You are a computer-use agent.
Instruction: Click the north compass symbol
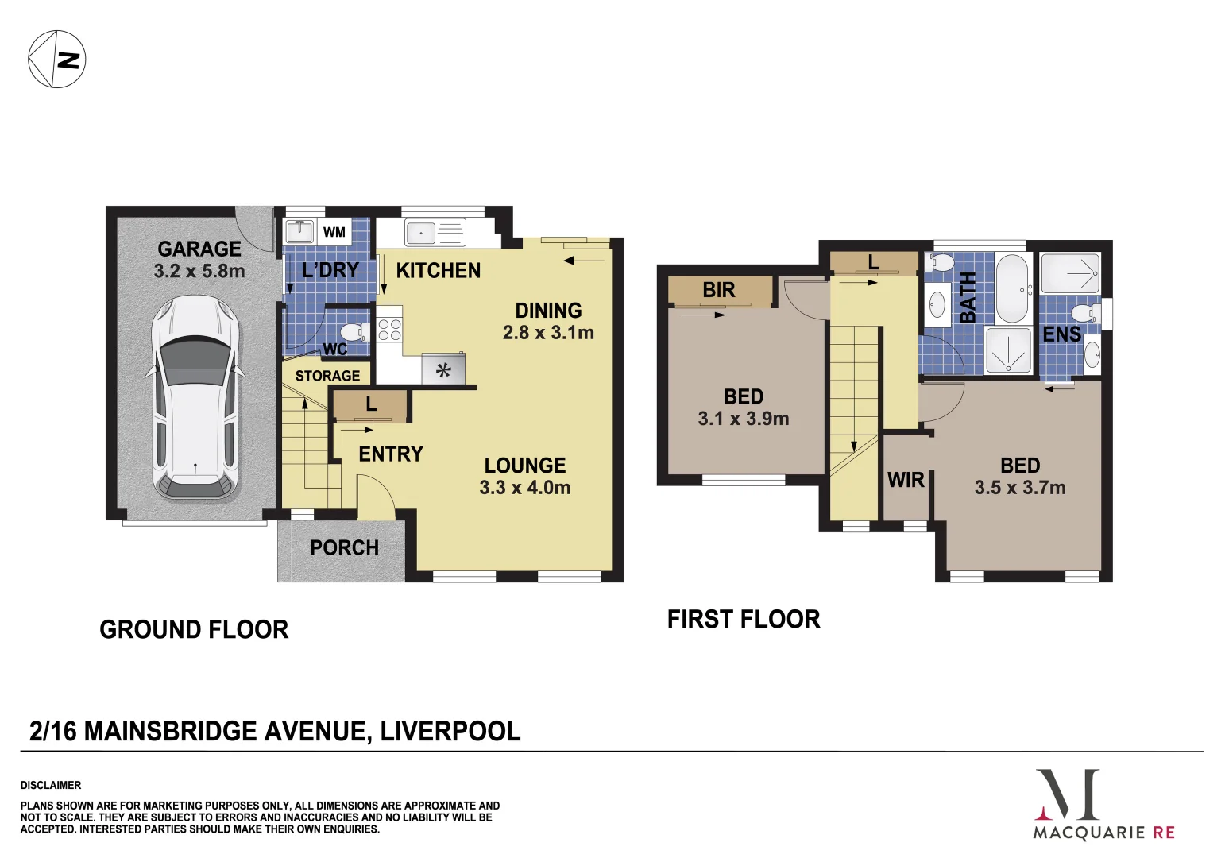click(x=57, y=59)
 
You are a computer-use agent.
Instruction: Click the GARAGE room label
click(x=199, y=249)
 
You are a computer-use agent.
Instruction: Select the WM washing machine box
click(x=334, y=233)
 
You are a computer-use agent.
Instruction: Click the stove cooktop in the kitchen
click(x=388, y=330)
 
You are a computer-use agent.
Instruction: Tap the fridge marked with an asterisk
click(x=443, y=369)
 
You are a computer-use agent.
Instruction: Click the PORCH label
click(x=345, y=548)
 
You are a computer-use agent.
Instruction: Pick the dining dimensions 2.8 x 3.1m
click(x=548, y=333)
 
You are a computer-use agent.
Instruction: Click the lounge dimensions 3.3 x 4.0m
click(x=525, y=488)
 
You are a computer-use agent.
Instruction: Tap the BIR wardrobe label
click(x=719, y=291)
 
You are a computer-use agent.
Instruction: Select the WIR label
click(x=906, y=480)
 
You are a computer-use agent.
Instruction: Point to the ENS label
click(x=1061, y=334)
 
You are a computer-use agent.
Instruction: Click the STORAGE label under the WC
click(x=327, y=376)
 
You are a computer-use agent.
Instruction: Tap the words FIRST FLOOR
click(x=744, y=620)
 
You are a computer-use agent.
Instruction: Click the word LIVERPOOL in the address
click(x=450, y=731)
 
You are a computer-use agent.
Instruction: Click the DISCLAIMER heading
click(x=51, y=785)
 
